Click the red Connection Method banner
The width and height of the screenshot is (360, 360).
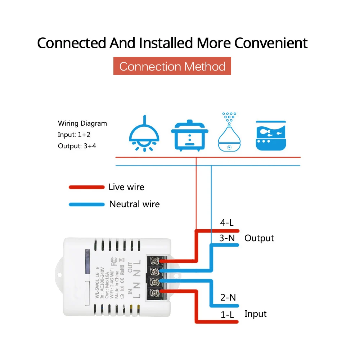click(x=172, y=66)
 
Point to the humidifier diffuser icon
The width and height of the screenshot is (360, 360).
click(x=228, y=133)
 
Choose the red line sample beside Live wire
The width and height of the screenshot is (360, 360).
click(x=86, y=187)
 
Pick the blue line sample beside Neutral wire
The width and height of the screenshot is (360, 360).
click(x=86, y=204)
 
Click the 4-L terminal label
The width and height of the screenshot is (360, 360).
click(x=227, y=223)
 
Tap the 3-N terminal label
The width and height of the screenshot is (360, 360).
click(x=227, y=238)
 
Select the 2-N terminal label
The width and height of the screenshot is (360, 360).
click(x=228, y=297)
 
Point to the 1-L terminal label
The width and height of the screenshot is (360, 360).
click(x=228, y=315)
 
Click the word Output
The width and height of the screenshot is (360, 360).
click(x=259, y=238)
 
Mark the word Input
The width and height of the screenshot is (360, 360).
click(x=256, y=314)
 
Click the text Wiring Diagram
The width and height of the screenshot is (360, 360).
click(x=82, y=123)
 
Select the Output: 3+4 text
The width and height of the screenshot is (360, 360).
click(x=77, y=146)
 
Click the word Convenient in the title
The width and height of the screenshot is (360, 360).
click(x=271, y=43)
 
